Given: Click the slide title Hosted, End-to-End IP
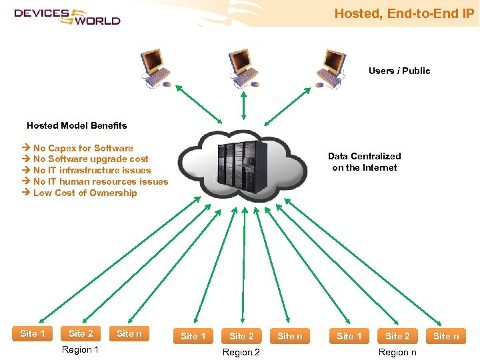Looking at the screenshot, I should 404,13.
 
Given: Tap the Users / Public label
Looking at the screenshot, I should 399,71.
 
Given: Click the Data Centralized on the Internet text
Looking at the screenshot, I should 365,162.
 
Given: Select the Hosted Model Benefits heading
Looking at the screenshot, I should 77,125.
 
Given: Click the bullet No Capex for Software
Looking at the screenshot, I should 83,148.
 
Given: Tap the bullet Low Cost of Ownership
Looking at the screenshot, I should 85,193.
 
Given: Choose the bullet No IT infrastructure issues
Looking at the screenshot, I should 92,170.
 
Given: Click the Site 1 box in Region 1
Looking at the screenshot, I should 33,333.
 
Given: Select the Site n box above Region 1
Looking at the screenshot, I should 129,333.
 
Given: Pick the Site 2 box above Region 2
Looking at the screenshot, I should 241,336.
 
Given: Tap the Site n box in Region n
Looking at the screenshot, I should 446,336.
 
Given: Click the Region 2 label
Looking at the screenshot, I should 241,352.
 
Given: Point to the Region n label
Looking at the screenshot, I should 397,352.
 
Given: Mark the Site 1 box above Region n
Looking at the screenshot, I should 349,336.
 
